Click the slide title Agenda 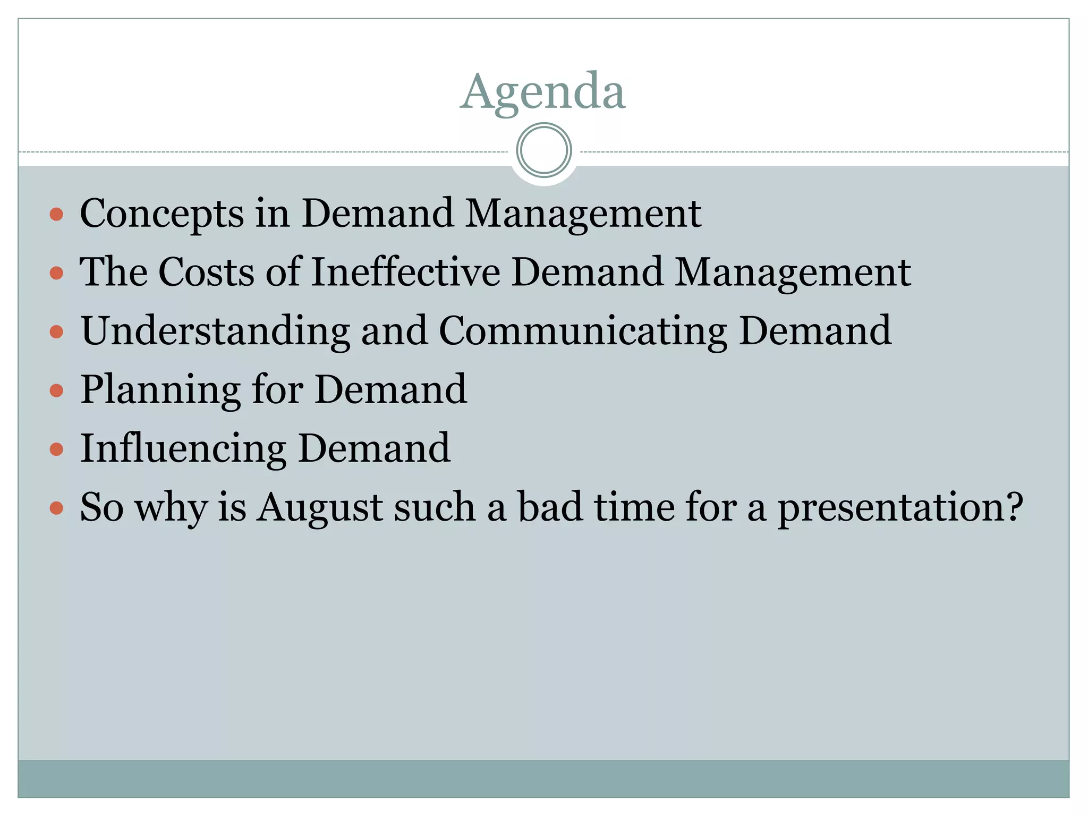tap(543, 91)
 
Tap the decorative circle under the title tap(543, 150)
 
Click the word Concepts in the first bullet tap(161, 214)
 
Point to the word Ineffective tap(405, 272)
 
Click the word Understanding tap(215, 331)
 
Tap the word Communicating tap(583, 331)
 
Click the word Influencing tap(183, 449)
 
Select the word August tap(320, 507)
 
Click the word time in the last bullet tap(634, 507)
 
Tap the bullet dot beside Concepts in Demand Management tap(56, 215)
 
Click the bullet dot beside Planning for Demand tap(56, 391)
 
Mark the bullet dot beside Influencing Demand tap(56, 450)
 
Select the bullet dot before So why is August tap(56, 508)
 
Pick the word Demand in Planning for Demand tap(390, 389)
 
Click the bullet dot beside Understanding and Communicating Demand tap(56, 332)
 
